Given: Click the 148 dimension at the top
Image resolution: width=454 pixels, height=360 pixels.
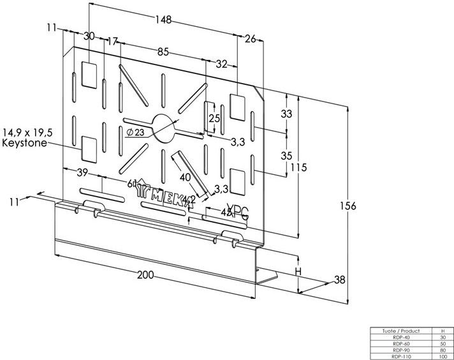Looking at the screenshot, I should (163, 21).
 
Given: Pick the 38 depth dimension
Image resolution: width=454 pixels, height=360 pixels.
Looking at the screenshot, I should (340, 278).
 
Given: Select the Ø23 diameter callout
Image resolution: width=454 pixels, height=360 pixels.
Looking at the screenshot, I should (135, 131).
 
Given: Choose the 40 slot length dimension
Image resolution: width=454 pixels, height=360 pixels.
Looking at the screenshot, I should (186, 177).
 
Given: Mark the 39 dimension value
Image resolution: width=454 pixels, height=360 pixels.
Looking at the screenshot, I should (83, 173).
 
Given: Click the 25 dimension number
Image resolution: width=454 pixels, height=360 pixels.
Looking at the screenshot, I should (214, 118).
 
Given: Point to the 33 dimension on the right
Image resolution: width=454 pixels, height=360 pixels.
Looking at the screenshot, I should (286, 114).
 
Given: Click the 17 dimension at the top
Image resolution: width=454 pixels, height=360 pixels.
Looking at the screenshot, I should (113, 41).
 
